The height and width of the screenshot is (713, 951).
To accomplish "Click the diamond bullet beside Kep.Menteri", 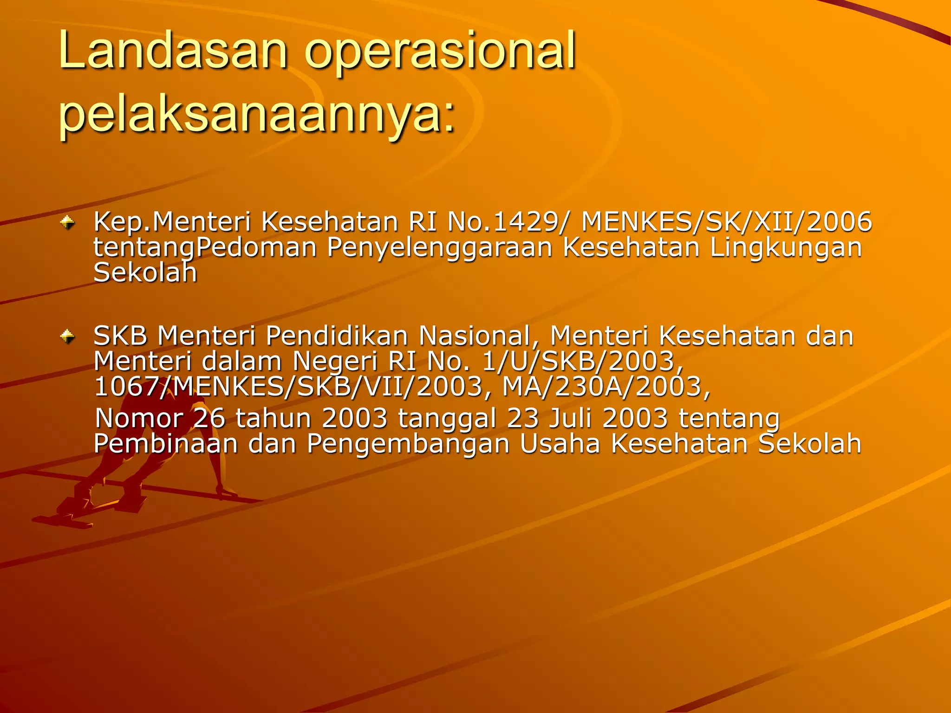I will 68,223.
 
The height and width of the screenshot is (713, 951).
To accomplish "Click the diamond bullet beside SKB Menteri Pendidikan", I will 68,337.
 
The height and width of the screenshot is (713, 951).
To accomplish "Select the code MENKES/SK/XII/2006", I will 727,221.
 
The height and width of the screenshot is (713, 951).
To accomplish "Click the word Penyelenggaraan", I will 439,248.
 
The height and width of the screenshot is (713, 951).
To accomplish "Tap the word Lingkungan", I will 786,248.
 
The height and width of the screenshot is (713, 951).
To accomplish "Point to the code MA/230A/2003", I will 606,387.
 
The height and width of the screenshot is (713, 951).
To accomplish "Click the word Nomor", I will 139,418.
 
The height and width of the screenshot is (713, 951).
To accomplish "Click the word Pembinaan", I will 165,444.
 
